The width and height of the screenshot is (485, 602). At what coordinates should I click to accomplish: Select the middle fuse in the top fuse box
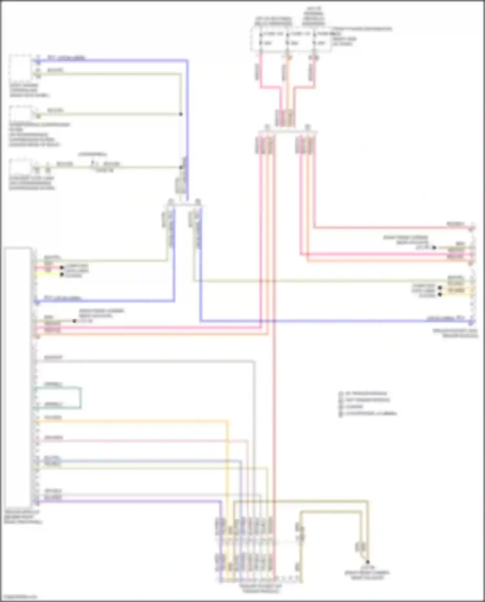click(287, 38)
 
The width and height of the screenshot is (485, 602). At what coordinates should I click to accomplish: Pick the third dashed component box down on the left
click(20, 167)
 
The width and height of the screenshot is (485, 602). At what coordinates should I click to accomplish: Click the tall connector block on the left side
click(18, 377)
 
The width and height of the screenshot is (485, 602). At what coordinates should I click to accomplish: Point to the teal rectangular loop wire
click(80, 398)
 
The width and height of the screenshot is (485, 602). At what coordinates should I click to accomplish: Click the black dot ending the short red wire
click(62, 268)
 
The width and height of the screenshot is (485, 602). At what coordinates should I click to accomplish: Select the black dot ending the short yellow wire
click(62, 275)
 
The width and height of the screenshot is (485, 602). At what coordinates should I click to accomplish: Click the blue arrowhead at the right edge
click(472, 322)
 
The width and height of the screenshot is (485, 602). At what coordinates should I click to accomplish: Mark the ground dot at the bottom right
click(367, 562)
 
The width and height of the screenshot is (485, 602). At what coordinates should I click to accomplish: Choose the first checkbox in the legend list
click(340, 394)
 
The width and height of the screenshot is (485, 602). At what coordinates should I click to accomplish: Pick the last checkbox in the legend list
click(340, 414)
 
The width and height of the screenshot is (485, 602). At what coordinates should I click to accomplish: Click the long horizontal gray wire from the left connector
click(145, 361)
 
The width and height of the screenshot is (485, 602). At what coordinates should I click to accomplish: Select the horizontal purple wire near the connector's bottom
click(129, 501)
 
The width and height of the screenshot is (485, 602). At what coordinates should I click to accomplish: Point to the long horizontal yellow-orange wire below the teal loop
click(129, 421)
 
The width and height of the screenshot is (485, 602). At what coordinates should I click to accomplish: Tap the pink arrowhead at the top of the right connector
click(472, 228)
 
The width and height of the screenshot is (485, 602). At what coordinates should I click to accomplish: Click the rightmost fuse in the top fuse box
click(314, 38)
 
